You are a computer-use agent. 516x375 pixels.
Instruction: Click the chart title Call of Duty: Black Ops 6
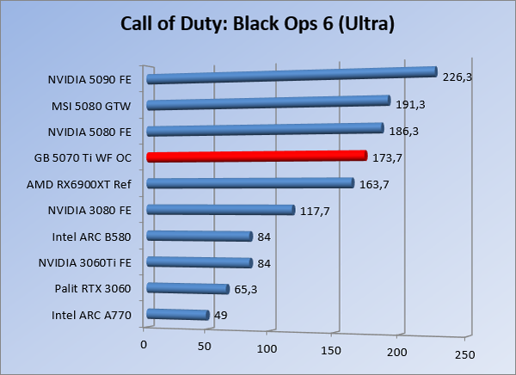(258, 23)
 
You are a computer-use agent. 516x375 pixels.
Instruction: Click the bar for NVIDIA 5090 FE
(292, 76)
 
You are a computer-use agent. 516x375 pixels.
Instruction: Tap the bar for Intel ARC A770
(178, 315)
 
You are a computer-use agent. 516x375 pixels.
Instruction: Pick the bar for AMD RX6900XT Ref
(250, 183)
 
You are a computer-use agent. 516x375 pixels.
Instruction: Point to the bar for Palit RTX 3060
(188, 289)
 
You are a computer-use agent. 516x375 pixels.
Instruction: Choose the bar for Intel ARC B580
(200, 237)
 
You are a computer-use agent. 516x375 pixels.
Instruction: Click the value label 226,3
(458, 77)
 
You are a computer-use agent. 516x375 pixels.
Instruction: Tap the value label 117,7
(315, 211)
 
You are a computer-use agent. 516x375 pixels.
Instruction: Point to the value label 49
(220, 316)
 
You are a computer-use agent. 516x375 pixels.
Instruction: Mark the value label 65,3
(245, 289)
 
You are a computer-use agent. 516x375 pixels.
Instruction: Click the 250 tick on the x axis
(464, 354)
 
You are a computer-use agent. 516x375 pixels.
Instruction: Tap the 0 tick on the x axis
(144, 344)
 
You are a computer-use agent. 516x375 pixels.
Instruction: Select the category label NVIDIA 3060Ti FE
(89, 262)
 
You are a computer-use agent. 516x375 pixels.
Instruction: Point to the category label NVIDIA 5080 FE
(95, 132)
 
